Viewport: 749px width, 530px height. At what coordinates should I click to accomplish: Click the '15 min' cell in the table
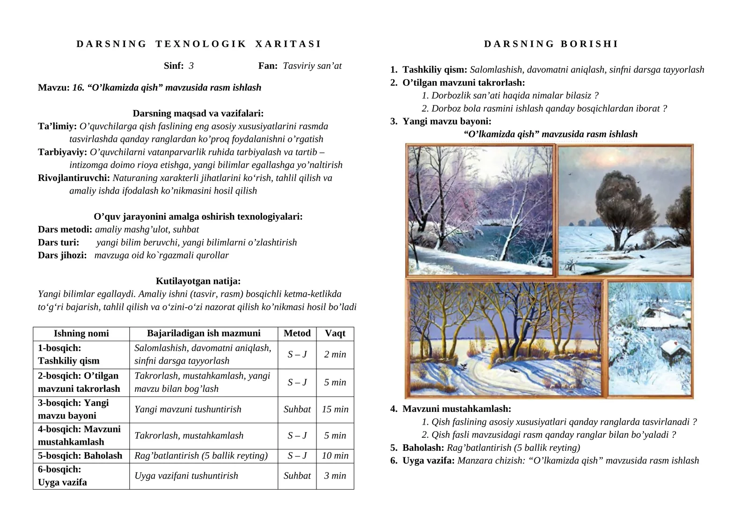(x=335, y=409)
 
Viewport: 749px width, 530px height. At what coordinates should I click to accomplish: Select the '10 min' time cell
(x=335, y=455)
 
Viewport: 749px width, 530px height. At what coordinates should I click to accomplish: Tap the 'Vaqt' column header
(x=335, y=333)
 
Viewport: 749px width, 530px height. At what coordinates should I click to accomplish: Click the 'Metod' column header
(x=297, y=333)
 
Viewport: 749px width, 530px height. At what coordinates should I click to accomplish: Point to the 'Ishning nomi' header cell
(x=81, y=333)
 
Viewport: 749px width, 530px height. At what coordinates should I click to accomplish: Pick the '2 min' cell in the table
(x=335, y=354)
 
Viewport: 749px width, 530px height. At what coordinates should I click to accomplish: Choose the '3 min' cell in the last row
(x=335, y=476)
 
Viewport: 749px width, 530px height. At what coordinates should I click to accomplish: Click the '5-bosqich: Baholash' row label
(x=80, y=455)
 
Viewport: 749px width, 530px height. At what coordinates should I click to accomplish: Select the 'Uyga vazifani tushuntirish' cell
(x=186, y=476)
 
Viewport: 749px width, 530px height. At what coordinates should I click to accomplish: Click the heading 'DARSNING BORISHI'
(x=551, y=44)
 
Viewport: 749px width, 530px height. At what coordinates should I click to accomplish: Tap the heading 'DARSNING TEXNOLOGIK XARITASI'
(x=199, y=44)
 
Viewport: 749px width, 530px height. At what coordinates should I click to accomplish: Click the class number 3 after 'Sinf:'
(x=191, y=66)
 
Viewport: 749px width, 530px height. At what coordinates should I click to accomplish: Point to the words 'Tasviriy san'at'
(x=312, y=66)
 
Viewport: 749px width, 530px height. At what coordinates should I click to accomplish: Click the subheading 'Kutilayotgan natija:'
(x=198, y=281)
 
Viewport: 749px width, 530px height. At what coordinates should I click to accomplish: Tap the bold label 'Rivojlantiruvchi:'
(x=74, y=178)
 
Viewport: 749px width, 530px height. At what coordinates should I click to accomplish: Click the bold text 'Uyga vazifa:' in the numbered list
(x=428, y=461)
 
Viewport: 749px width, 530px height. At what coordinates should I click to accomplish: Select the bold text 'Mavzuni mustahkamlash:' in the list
(x=456, y=409)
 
